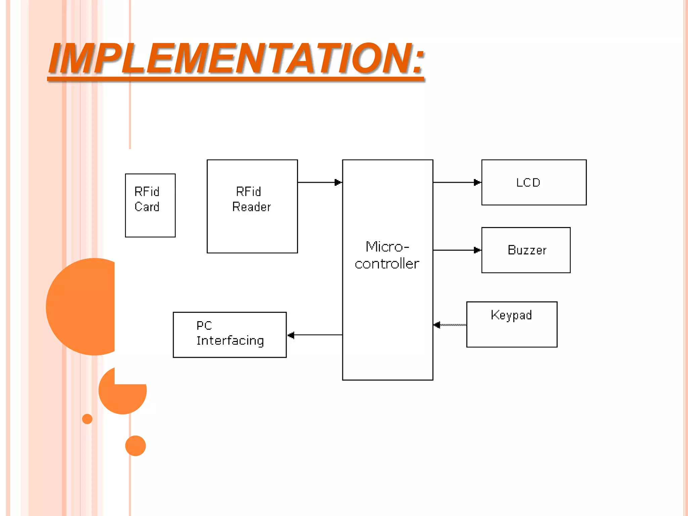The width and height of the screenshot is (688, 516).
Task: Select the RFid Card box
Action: (x=150, y=222)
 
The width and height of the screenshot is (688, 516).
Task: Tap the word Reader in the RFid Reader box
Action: (x=252, y=207)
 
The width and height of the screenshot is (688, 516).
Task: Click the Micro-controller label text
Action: (x=387, y=255)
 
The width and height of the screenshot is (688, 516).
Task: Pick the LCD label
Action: (x=528, y=182)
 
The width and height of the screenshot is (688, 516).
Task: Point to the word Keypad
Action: (x=511, y=315)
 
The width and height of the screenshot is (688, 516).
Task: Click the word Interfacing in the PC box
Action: (x=230, y=341)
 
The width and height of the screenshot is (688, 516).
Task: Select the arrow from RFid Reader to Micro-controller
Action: (x=319, y=182)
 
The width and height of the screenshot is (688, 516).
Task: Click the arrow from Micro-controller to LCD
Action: (x=457, y=182)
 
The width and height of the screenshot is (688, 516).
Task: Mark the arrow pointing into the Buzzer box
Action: (x=457, y=250)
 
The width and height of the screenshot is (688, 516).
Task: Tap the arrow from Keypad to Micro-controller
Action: (x=450, y=325)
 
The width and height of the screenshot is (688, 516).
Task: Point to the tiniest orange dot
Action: (x=87, y=419)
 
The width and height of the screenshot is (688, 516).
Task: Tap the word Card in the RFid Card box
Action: (x=147, y=207)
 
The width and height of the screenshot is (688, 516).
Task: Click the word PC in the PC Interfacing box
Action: (x=204, y=326)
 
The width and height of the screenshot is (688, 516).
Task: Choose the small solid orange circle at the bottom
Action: (x=135, y=446)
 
